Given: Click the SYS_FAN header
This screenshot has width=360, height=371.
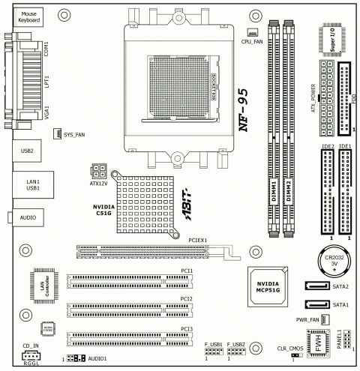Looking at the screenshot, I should click(57, 134).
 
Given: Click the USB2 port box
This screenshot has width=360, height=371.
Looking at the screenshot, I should click(28, 150).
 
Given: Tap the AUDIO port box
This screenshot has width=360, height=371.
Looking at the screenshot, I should click(28, 217).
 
